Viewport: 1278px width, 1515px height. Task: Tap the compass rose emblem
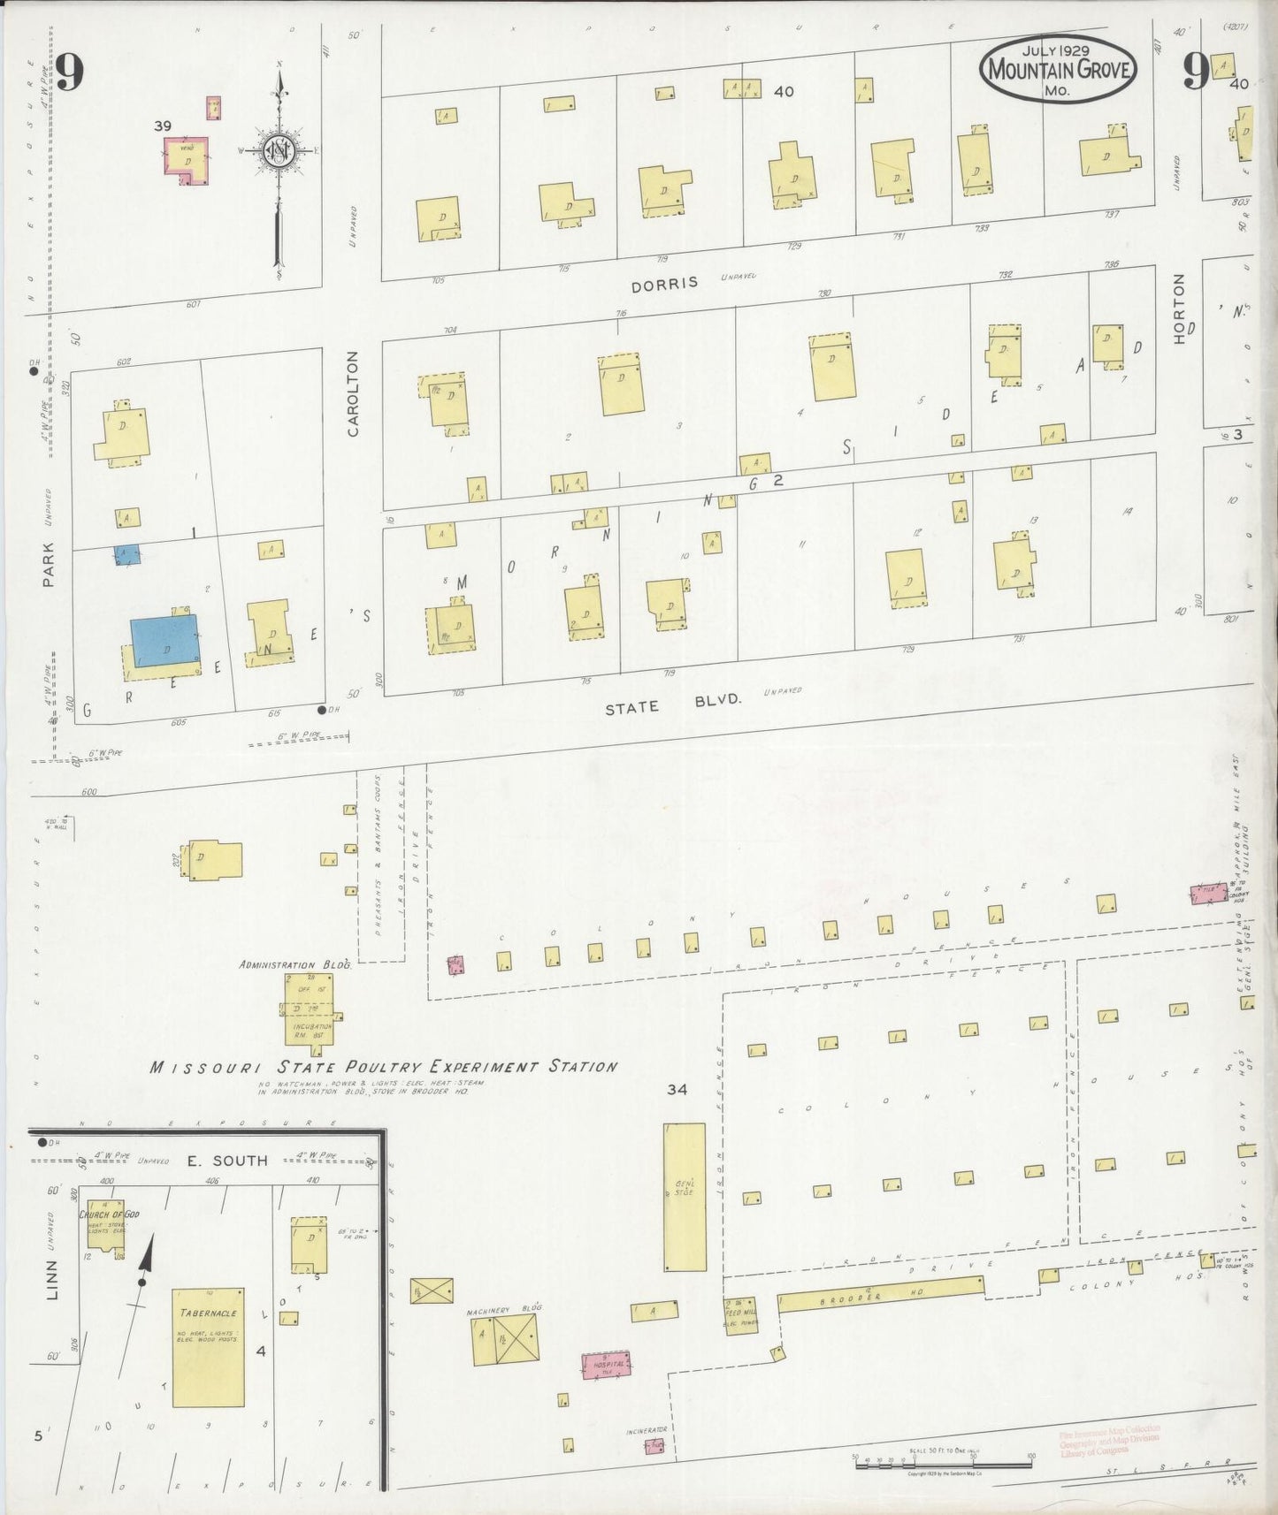(x=278, y=151)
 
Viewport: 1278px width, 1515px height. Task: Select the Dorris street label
(x=664, y=283)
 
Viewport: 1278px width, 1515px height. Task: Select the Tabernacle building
(x=208, y=1346)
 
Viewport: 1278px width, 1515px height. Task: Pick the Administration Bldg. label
(x=295, y=965)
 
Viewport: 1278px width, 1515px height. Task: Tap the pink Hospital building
(x=606, y=1365)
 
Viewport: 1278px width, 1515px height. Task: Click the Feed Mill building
(x=739, y=1315)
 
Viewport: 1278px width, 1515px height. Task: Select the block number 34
(x=677, y=1090)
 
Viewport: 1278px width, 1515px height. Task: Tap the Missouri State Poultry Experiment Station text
(x=383, y=1067)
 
